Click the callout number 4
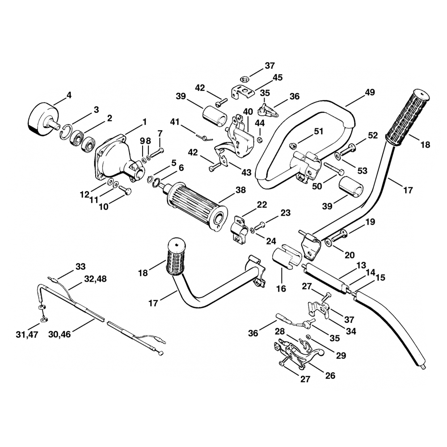[68, 94]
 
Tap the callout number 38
[240, 190]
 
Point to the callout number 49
[369, 93]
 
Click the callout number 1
[144, 121]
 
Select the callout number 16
[281, 289]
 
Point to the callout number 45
[278, 77]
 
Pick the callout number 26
[330, 375]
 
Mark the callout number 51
[319, 131]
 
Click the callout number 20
[349, 255]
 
